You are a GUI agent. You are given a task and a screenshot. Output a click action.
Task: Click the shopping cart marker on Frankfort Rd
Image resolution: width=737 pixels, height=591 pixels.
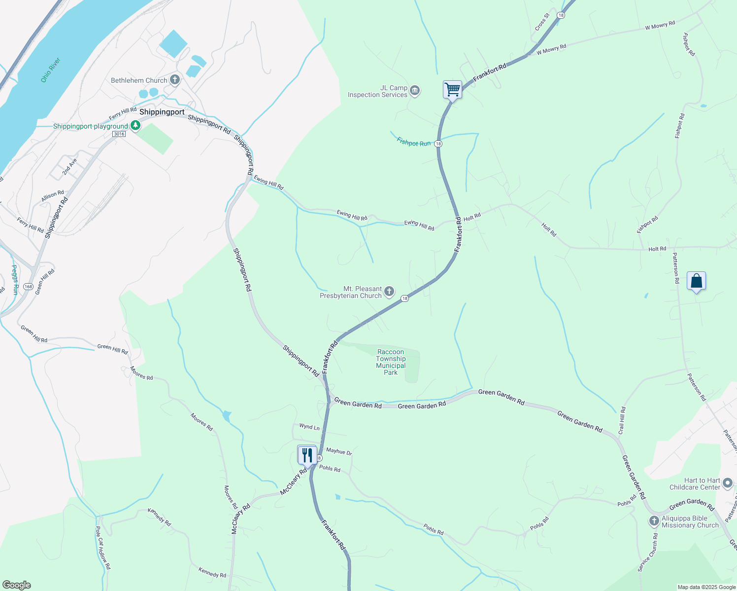pyautogui.click(x=452, y=90)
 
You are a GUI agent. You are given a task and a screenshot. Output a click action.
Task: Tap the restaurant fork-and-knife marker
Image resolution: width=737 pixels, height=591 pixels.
pyautogui.click(x=307, y=455)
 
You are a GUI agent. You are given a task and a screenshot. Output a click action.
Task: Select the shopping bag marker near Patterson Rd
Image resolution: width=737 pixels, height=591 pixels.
pyautogui.click(x=696, y=281)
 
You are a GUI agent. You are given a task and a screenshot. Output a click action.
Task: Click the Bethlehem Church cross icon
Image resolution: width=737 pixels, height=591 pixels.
pyautogui.click(x=175, y=80)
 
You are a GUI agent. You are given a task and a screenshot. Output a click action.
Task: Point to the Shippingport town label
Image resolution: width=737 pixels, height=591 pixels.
pyautogui.click(x=162, y=112)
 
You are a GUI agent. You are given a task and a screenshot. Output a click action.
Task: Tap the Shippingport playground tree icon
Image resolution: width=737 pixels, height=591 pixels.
pyautogui.click(x=135, y=126)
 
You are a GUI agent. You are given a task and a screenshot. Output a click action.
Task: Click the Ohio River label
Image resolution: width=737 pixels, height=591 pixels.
pyautogui.click(x=51, y=70)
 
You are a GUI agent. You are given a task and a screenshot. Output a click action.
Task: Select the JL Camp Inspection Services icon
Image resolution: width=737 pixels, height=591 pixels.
pyautogui.click(x=415, y=91)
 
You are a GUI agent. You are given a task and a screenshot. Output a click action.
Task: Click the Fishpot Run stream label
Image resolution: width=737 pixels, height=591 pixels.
pyautogui.click(x=413, y=142)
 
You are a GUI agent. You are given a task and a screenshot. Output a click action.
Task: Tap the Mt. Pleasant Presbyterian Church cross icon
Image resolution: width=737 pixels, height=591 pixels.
pyautogui.click(x=389, y=292)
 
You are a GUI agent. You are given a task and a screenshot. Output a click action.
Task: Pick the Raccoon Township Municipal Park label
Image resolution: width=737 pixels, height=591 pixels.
pyautogui.click(x=391, y=362)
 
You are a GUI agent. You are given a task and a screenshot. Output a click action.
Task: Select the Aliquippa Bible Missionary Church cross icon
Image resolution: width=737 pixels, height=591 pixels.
pyautogui.click(x=654, y=521)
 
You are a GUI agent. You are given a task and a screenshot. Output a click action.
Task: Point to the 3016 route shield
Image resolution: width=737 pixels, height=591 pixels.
pyautogui.click(x=119, y=134)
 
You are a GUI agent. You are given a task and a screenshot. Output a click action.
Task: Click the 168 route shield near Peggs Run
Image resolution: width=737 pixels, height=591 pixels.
pyautogui.click(x=28, y=287)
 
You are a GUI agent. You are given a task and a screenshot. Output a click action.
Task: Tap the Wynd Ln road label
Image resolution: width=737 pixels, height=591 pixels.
pyautogui.click(x=309, y=427)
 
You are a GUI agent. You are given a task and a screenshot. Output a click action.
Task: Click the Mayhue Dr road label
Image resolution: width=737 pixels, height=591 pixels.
pyautogui.click(x=339, y=451)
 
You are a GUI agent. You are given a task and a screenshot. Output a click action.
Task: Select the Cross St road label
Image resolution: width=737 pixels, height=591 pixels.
pyautogui.click(x=541, y=23)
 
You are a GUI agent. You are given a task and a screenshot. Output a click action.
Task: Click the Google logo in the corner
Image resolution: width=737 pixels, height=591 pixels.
pyautogui.click(x=17, y=585)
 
